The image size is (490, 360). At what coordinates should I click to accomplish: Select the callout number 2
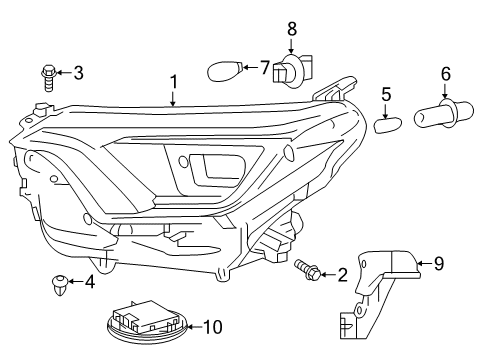coord(343,274)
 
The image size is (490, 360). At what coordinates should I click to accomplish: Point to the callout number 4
coord(89,282)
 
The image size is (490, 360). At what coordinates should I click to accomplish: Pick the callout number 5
coord(386,94)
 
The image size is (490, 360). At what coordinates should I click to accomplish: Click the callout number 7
coord(264,68)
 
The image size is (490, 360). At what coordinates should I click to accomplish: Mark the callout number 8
coord(292,29)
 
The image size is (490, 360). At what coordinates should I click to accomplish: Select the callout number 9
coord(437,265)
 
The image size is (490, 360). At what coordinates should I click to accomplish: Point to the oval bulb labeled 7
coord(224,71)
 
